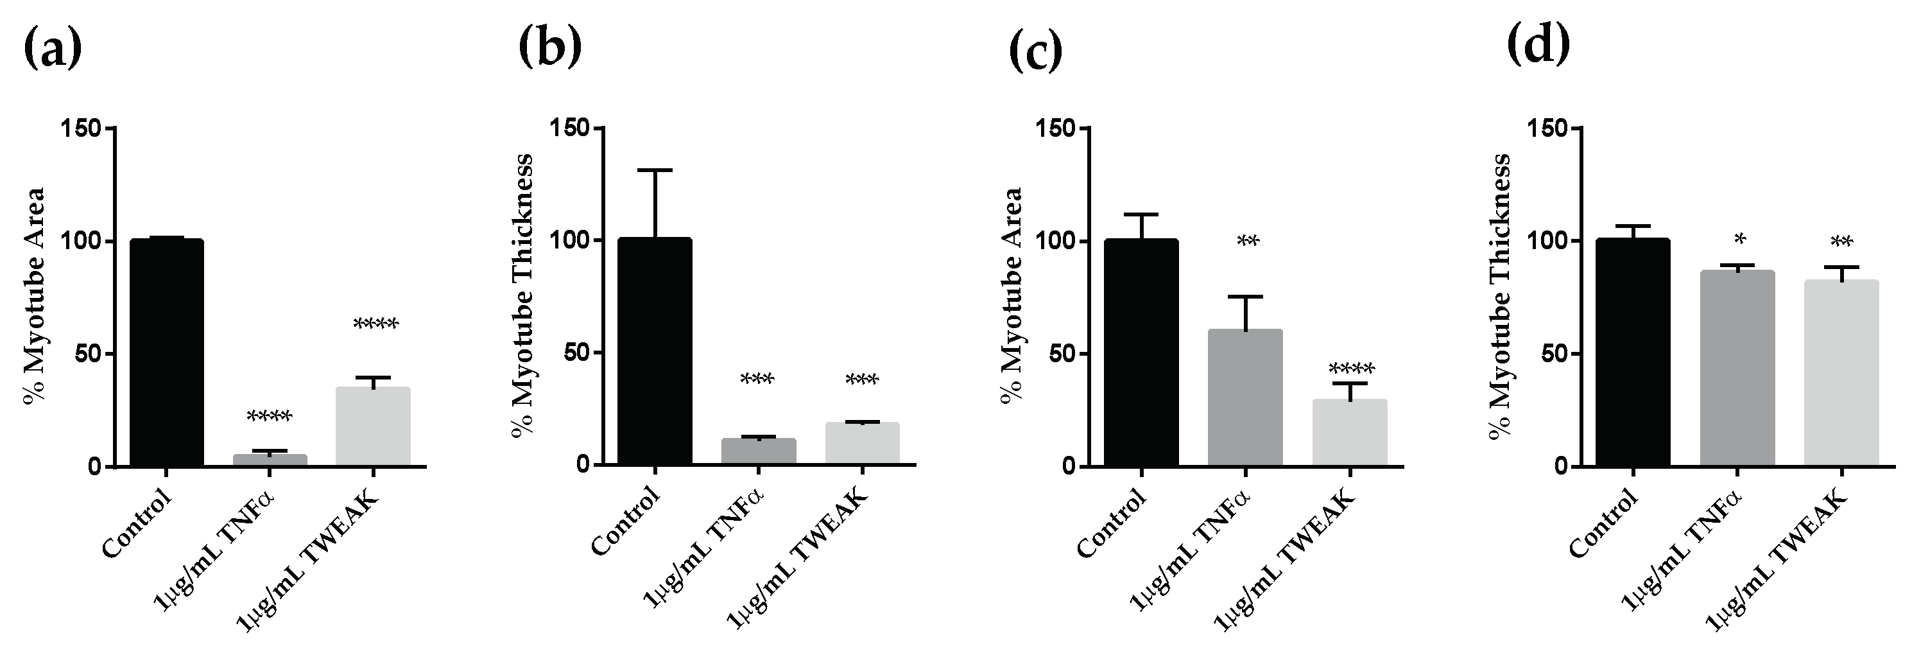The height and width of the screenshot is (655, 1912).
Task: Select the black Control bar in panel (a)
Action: [x=166, y=353]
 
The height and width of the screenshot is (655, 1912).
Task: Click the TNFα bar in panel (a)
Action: [x=270, y=460]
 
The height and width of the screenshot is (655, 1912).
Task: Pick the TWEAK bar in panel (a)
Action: [x=373, y=426]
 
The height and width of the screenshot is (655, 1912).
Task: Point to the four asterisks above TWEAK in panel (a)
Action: [x=375, y=324]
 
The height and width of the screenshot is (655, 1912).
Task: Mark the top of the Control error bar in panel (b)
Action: [x=655, y=170]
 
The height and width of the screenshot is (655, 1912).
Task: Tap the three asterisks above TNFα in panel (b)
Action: [x=757, y=380]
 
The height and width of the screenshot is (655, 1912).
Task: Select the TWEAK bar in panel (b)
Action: [x=862, y=443]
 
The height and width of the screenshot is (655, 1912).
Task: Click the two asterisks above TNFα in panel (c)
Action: [x=1248, y=241]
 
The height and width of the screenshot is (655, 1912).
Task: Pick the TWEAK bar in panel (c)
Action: [x=1349, y=432]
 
